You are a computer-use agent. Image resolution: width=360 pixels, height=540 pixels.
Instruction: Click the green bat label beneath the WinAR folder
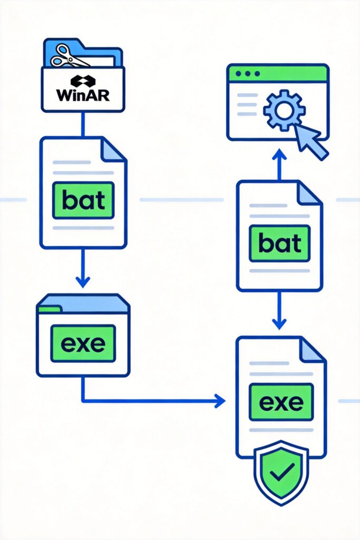click(83, 200)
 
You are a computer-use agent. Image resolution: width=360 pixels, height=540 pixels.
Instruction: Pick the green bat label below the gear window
click(279, 244)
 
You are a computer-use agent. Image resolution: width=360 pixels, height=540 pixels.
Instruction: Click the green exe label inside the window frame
click(83, 343)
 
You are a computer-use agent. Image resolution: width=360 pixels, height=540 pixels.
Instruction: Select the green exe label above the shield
click(281, 402)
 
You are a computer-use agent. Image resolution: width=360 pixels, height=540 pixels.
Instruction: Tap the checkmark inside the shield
click(281, 473)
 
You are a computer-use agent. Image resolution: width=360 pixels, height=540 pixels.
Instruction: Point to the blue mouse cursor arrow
click(310, 140)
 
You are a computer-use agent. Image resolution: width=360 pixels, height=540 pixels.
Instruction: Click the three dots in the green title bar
click(247, 73)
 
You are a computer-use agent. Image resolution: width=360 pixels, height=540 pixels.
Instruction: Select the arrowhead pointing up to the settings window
click(279, 155)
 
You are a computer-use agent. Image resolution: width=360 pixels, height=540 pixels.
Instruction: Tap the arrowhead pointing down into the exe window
click(83, 281)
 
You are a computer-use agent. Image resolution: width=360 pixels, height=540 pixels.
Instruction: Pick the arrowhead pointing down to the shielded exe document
click(279, 323)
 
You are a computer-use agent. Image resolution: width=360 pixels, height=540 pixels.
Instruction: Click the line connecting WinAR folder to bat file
click(83, 124)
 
